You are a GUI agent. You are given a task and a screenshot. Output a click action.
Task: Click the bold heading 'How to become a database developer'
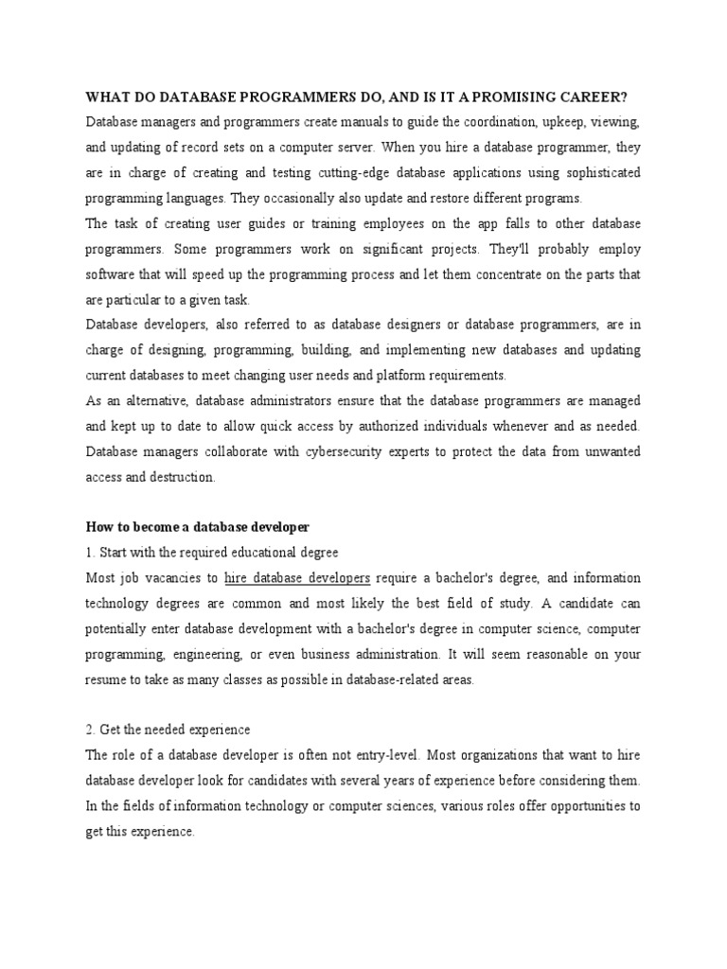coord(198,527)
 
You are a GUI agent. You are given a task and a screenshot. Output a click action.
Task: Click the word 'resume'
coord(109,678)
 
